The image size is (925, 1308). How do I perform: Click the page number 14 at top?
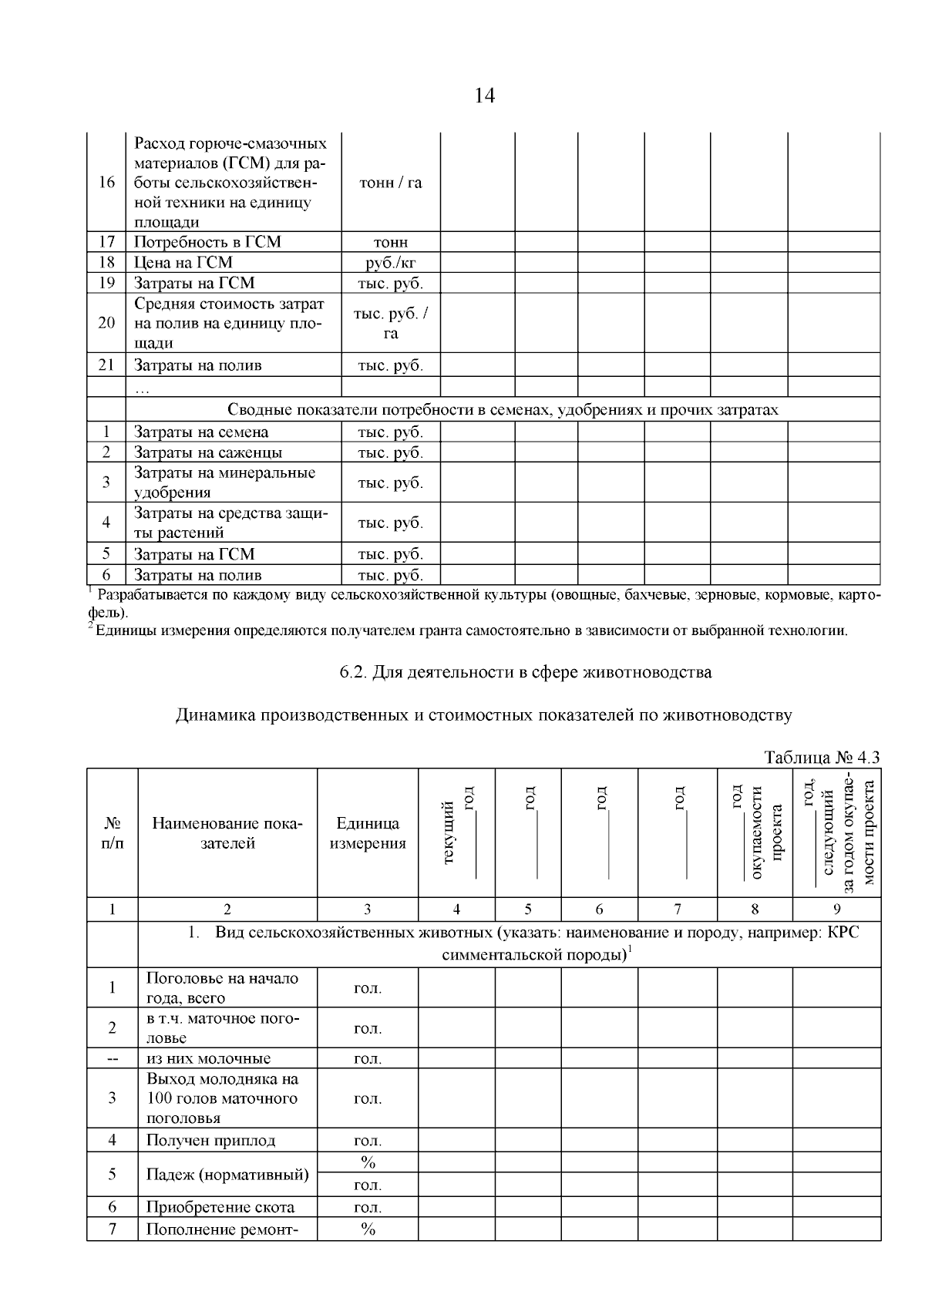click(485, 96)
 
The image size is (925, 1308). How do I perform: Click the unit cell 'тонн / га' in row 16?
click(391, 183)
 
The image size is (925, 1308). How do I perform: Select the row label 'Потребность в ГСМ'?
click(208, 242)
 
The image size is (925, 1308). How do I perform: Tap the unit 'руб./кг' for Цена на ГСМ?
click(391, 263)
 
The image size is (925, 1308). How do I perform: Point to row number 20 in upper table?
click(106, 322)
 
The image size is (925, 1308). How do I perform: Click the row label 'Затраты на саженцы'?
click(208, 452)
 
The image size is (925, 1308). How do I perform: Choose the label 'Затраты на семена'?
click(202, 432)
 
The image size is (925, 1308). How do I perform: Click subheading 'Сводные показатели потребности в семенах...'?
click(503, 410)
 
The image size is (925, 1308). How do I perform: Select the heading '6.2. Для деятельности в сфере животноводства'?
click(526, 672)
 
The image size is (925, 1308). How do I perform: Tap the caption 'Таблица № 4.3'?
click(822, 757)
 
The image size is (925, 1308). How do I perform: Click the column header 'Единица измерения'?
click(368, 833)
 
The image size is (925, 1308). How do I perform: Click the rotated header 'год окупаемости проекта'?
click(756, 832)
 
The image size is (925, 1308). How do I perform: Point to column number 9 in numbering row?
click(836, 910)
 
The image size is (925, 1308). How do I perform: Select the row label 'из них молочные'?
click(209, 1058)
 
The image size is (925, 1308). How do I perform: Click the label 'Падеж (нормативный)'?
click(227, 1175)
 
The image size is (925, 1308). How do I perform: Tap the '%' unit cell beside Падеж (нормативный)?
click(368, 1162)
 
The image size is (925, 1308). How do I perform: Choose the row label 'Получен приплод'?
click(210, 1140)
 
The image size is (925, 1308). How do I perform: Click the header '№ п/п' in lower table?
click(113, 833)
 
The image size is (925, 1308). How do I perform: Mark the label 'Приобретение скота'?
click(220, 1207)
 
